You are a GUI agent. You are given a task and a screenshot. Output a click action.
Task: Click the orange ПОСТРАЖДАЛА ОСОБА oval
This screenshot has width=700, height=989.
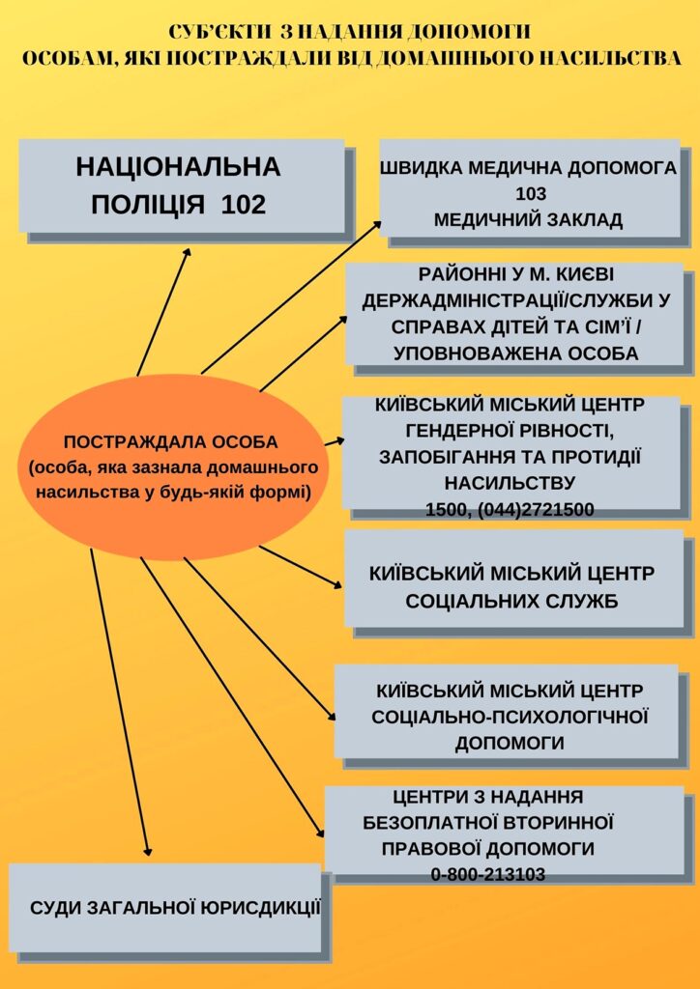[170, 466]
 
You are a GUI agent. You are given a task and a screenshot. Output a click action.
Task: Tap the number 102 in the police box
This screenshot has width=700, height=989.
[244, 205]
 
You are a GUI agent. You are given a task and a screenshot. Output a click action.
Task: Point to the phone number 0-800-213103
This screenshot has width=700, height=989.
[488, 874]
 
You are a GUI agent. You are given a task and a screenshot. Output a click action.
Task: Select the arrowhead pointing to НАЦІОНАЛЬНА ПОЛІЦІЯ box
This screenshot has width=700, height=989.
[187, 252]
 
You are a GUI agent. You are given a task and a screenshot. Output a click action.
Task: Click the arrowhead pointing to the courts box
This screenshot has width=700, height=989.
[147, 850]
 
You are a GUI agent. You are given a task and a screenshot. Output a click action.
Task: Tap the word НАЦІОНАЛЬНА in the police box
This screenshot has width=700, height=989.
[179, 168]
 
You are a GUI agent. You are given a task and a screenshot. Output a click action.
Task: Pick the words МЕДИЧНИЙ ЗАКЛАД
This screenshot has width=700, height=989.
[529, 219]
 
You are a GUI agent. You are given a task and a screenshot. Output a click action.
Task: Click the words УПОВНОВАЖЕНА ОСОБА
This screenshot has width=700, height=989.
[515, 353]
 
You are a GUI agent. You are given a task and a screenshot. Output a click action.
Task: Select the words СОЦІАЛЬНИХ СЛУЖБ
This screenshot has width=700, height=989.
[511, 601]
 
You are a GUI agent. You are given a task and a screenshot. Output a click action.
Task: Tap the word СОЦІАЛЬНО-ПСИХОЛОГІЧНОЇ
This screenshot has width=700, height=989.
[510, 717]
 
